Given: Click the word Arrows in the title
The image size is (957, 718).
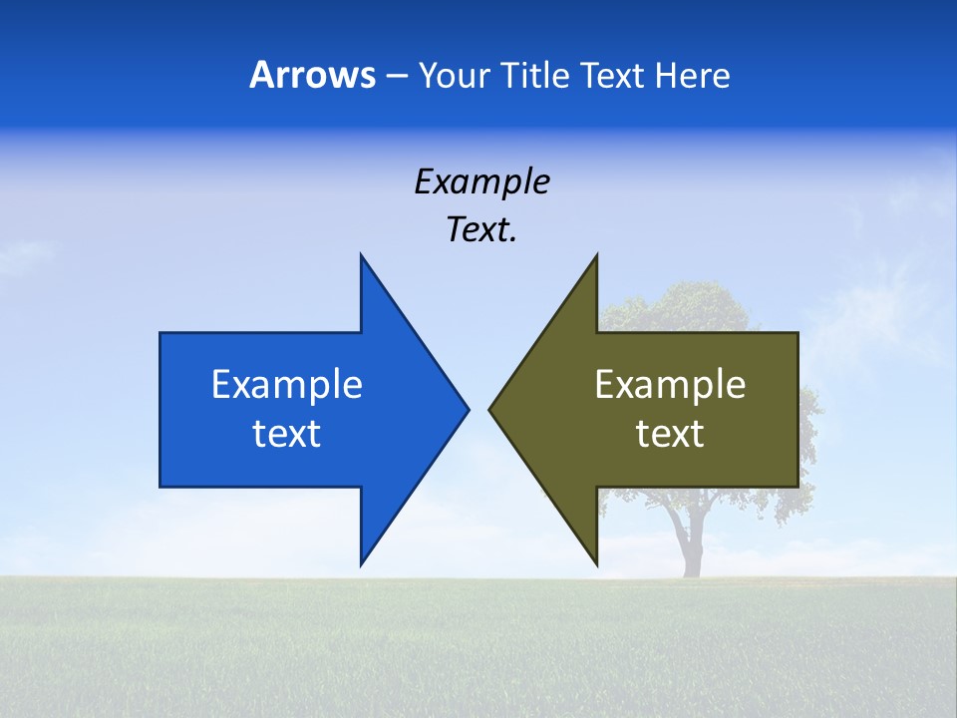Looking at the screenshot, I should coord(311,75).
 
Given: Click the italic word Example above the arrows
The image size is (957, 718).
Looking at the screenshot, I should coord(481,181).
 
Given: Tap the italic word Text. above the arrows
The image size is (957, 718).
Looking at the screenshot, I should coord(481,230).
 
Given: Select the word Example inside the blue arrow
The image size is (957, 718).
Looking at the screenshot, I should coord(287,384).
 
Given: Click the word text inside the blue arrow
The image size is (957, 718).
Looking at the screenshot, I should coord(287,434).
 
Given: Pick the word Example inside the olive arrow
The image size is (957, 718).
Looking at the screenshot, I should coord(670,384).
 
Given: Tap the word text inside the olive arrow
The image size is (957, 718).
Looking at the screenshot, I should coord(670,434).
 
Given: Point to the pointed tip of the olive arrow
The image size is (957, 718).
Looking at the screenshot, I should coord(491,409).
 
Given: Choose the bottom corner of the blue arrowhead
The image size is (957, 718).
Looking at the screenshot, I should coord(362,563).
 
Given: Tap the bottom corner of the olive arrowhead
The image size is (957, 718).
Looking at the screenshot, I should coord(595,563).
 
